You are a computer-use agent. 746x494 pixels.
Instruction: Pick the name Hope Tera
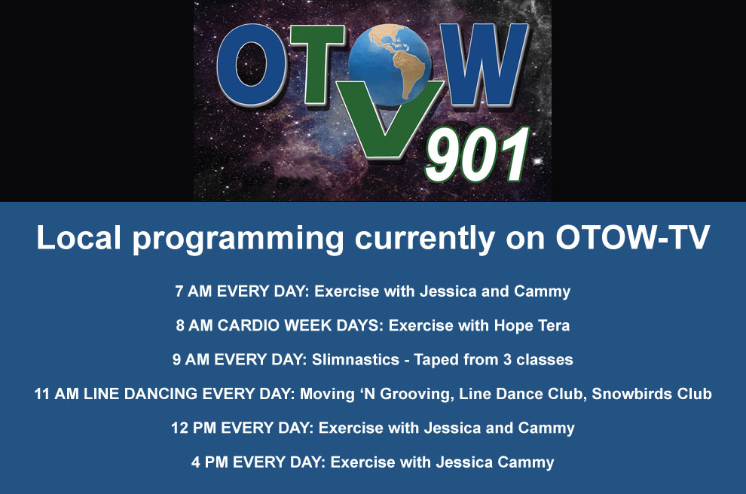click(536, 326)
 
